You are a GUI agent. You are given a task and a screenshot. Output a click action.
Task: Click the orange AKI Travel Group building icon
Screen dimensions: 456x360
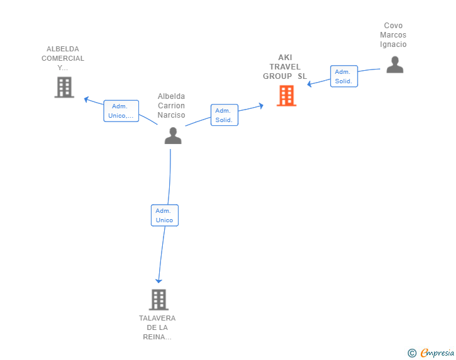point(286,96)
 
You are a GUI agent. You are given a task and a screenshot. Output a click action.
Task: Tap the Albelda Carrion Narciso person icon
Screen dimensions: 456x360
point(173,135)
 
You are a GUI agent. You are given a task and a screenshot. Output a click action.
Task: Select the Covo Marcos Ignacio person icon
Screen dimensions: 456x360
point(395,64)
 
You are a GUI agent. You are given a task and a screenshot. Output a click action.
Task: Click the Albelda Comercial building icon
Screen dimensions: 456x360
point(65,87)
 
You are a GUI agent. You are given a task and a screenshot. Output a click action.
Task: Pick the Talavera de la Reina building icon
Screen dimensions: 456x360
point(159,299)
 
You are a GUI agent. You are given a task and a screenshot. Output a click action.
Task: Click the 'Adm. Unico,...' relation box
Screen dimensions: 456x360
point(122,111)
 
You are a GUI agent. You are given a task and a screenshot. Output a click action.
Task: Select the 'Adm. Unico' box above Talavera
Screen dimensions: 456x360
point(165,215)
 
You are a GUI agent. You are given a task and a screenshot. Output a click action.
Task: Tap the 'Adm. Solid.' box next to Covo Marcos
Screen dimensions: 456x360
point(344,76)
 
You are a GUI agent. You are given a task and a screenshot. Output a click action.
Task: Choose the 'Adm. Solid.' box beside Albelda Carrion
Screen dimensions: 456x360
point(224,115)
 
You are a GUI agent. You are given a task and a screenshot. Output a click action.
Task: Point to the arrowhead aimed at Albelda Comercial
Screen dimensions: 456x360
point(86,100)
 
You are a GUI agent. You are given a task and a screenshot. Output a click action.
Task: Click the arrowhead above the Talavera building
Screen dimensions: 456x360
point(158,280)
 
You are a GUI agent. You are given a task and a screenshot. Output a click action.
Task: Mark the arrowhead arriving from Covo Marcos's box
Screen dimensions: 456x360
point(309,84)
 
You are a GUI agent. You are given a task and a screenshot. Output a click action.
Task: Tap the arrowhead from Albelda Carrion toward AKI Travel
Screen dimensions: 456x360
point(261,106)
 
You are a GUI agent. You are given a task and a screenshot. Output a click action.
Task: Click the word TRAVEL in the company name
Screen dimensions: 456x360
point(285,67)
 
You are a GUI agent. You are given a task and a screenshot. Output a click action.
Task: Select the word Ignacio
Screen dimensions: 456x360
point(393,44)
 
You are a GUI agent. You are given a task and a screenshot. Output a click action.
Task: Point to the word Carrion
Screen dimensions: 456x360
point(171,106)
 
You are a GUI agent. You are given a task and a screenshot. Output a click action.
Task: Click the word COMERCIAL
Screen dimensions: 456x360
point(63,58)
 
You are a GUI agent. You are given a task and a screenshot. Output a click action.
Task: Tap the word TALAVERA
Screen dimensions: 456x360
point(157,318)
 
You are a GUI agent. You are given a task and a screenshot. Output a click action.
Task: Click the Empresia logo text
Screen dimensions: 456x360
point(437,352)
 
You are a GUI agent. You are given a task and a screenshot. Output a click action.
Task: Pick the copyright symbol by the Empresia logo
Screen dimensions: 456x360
point(412,353)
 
